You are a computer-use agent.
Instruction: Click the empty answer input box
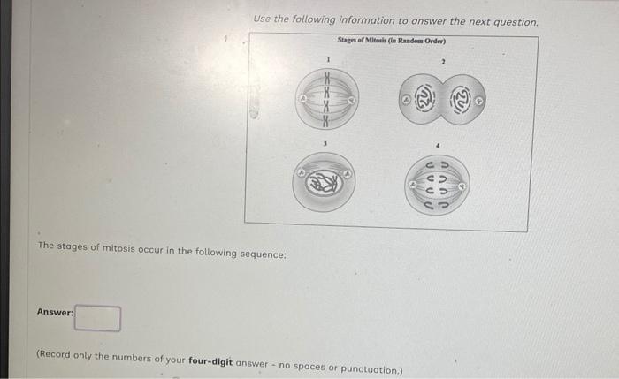(97, 317)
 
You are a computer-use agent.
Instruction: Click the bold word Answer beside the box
(54, 312)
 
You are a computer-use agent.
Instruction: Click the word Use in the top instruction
(263, 19)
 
